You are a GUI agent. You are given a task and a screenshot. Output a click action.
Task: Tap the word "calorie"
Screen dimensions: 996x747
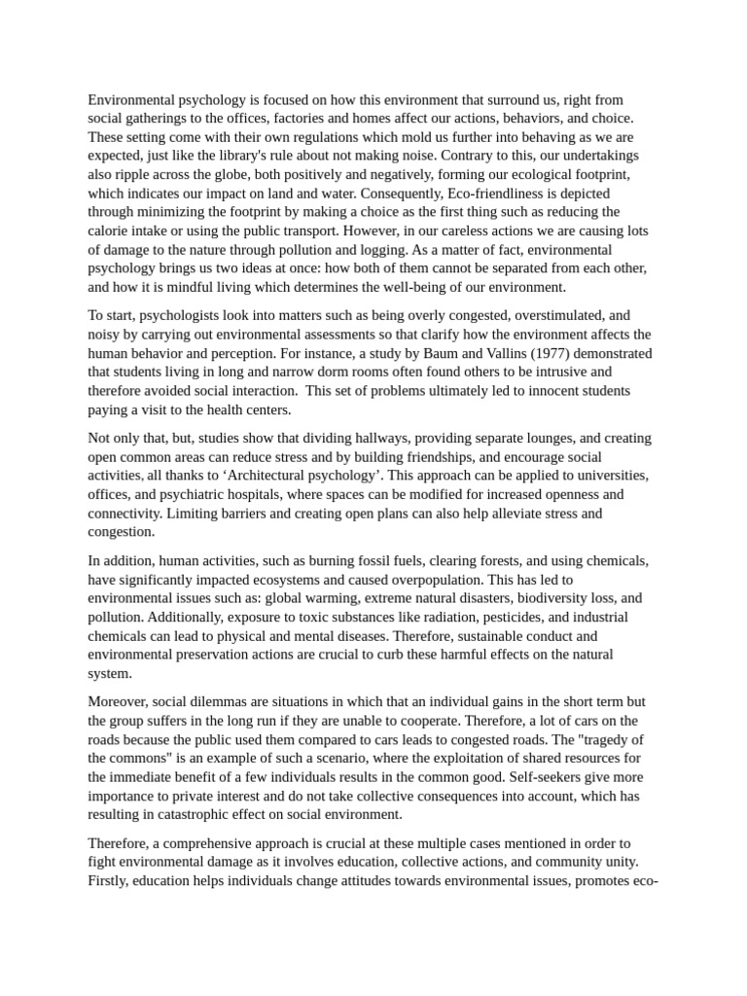click(109, 231)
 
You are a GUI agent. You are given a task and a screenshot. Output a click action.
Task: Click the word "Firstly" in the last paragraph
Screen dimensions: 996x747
click(109, 881)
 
